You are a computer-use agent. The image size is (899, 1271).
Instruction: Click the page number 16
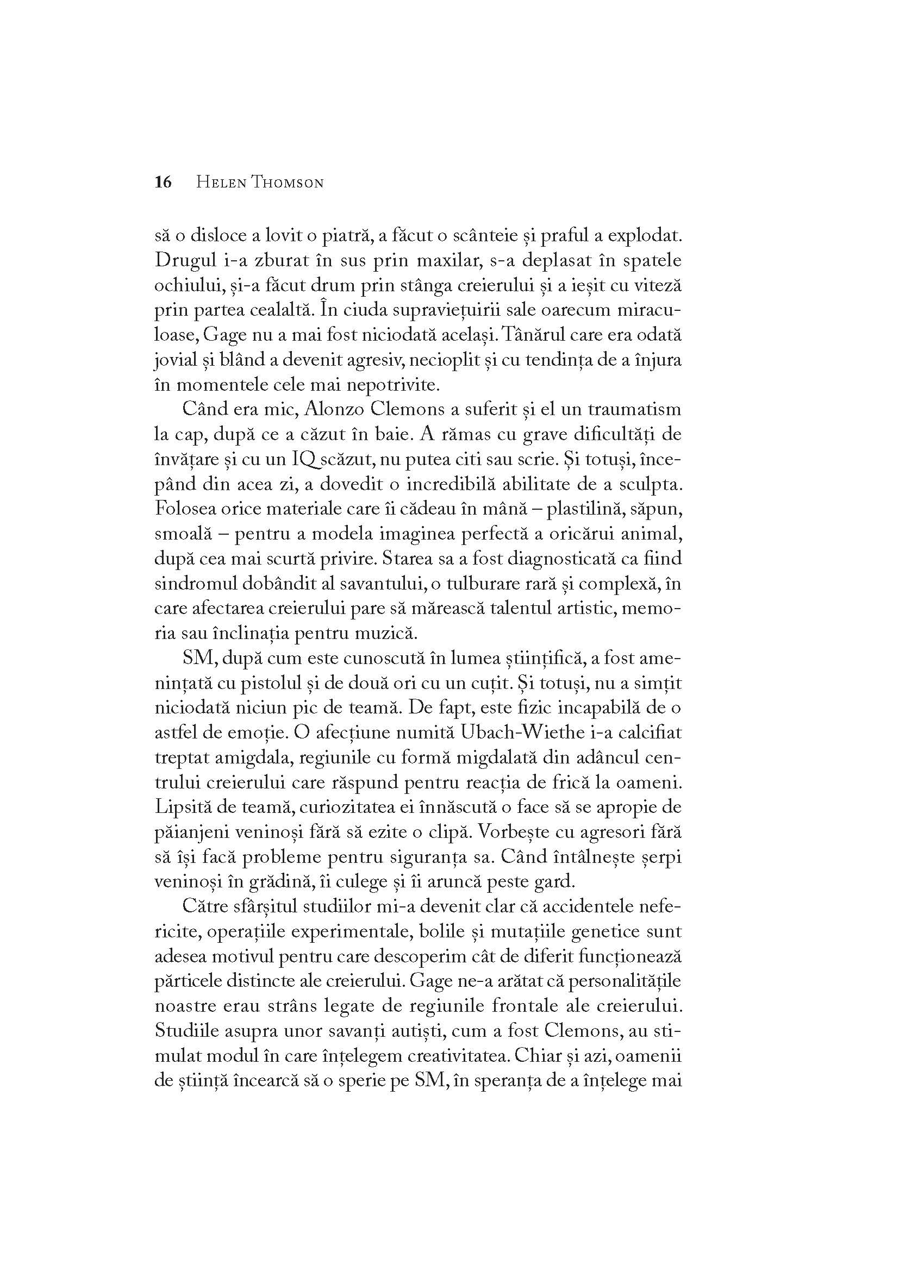click(x=163, y=182)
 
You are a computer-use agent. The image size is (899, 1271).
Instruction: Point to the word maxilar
click(x=439, y=261)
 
